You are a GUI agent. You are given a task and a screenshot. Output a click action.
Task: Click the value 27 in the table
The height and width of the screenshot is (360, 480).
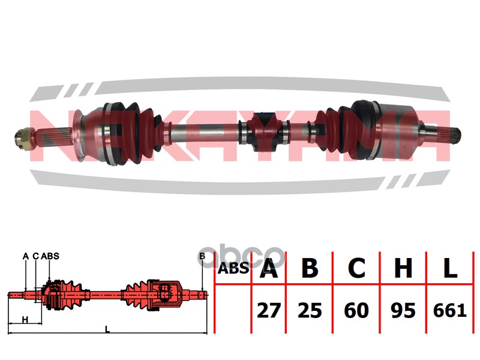click(x=268, y=310)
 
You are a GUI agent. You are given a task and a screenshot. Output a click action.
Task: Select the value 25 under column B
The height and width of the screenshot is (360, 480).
click(x=310, y=310)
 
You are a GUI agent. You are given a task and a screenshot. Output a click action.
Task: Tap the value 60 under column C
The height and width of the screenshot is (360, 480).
click(x=356, y=310)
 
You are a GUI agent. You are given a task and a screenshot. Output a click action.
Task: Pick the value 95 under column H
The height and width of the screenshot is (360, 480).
click(x=403, y=310)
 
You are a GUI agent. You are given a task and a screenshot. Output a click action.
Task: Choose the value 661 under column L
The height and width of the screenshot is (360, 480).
click(x=449, y=310)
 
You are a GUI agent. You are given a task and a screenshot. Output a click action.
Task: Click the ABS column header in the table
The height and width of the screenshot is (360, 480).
click(x=233, y=268)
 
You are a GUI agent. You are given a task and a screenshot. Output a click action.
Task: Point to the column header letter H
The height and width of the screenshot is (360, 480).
click(x=403, y=268)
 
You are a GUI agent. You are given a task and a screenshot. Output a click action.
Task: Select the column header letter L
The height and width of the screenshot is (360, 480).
click(x=450, y=268)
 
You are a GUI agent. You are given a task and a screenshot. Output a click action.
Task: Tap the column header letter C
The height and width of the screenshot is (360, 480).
click(x=356, y=268)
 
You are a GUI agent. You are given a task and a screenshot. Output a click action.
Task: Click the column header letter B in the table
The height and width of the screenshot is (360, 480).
click(x=310, y=268)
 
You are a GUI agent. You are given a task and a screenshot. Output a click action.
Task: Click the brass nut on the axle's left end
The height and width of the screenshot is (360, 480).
click(x=23, y=139)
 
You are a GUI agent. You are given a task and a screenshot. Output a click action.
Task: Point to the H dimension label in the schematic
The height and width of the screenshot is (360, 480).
click(x=25, y=320)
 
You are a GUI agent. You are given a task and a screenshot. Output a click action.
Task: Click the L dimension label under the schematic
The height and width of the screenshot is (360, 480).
click(x=107, y=329)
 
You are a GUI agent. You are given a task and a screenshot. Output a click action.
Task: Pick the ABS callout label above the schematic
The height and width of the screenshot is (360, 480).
click(x=50, y=256)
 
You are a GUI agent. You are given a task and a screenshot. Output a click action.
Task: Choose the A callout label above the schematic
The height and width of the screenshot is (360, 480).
click(x=26, y=256)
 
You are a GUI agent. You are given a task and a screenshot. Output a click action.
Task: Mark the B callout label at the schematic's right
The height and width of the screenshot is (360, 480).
click(x=202, y=256)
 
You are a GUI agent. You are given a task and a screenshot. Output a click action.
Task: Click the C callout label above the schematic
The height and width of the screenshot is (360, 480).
click(x=36, y=256)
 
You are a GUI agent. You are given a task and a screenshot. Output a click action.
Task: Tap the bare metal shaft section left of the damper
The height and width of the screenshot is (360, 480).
click(x=205, y=131)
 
